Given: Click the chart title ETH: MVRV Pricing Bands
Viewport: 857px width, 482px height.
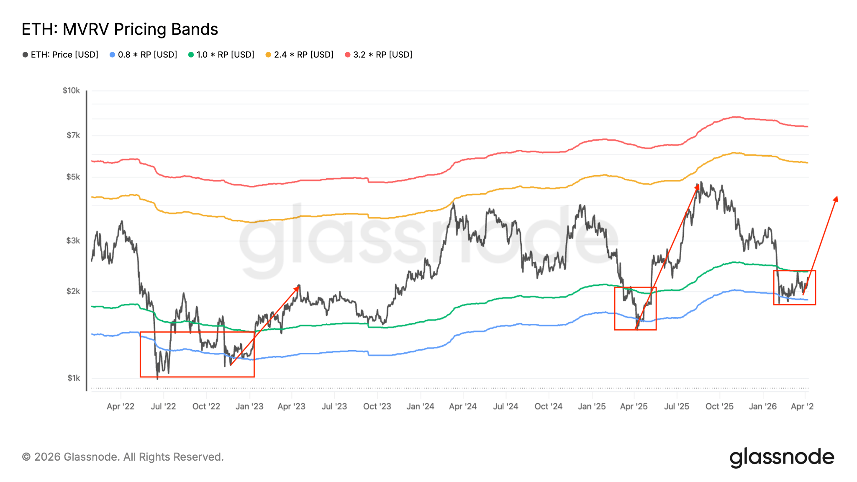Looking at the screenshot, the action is pyautogui.click(x=120, y=29).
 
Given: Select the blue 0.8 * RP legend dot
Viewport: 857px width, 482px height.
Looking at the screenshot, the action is pyautogui.click(x=112, y=55).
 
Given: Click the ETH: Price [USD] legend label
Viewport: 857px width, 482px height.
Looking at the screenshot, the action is pyautogui.click(x=64, y=55).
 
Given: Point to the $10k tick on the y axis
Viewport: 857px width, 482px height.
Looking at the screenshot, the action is pyautogui.click(x=71, y=90).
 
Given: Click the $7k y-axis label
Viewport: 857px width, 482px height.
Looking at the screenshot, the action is pyautogui.click(x=73, y=135).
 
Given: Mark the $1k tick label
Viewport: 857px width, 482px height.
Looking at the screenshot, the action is pyautogui.click(x=74, y=378).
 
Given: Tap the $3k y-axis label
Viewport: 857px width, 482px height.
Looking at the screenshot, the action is pyautogui.click(x=73, y=241).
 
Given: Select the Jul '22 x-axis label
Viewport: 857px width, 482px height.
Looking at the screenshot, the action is pyautogui.click(x=163, y=406).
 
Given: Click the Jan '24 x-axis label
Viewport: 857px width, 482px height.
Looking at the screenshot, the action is pyautogui.click(x=420, y=406).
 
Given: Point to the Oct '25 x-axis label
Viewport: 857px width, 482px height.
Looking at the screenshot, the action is pyautogui.click(x=719, y=406).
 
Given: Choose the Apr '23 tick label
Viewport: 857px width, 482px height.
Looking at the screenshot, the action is pyautogui.click(x=291, y=406).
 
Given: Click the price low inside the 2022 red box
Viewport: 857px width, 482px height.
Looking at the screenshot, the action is pyautogui.click(x=157, y=379).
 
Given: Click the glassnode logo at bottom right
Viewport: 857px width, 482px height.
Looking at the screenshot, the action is pyautogui.click(x=782, y=457).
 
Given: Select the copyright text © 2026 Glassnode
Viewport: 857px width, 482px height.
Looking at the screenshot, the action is pyautogui.click(x=123, y=457).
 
